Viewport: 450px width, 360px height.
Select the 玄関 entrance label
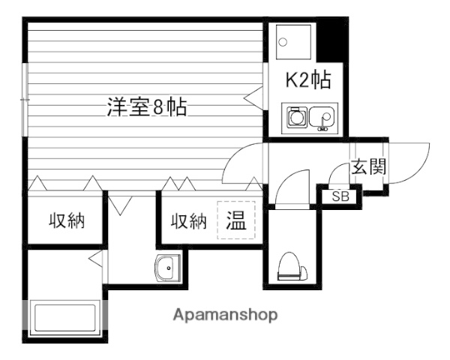(x=368, y=166)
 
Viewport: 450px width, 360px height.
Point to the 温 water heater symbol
(x=236, y=221)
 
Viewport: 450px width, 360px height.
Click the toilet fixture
(x=291, y=267)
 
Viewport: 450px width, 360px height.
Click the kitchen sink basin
(x=323, y=118)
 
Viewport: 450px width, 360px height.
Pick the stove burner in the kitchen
(x=297, y=118)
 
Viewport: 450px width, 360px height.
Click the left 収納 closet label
(x=67, y=221)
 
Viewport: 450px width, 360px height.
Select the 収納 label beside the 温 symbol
(x=187, y=221)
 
